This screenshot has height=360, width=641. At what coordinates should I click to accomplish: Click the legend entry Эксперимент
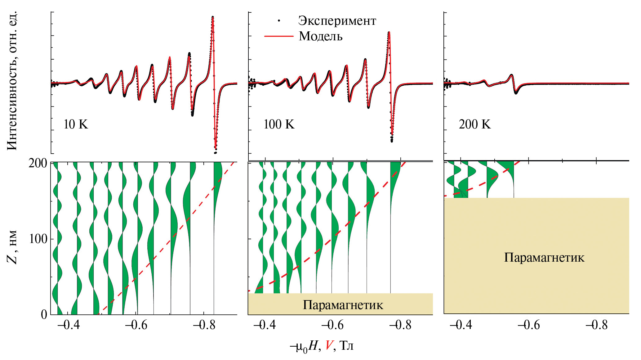tap(337, 21)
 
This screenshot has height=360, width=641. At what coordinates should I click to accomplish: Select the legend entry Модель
tap(320, 36)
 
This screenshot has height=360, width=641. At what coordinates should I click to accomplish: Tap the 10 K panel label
tap(76, 124)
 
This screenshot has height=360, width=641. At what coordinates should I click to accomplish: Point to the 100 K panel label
tap(279, 124)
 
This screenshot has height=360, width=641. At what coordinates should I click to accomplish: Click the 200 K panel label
tap(475, 124)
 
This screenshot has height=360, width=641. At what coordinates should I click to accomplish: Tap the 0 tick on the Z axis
tap(44, 314)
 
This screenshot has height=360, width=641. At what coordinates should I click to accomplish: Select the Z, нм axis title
tap(12, 247)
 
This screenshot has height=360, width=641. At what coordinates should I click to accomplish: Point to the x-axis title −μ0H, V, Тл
tap(322, 346)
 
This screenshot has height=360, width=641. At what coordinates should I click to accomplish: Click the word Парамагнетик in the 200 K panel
tap(544, 258)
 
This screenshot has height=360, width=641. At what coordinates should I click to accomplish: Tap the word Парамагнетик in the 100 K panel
tap(343, 305)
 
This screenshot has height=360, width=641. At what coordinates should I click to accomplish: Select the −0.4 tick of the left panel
tap(69, 325)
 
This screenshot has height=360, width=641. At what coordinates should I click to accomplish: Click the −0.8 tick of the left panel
tap(204, 325)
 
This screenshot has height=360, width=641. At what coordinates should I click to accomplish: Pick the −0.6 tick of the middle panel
tap(332, 325)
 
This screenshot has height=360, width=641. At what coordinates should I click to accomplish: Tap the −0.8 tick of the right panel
tap(596, 325)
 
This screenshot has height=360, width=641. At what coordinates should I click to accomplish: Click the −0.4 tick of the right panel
tap(461, 325)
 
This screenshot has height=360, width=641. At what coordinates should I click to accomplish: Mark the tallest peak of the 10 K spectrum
tap(213, 17)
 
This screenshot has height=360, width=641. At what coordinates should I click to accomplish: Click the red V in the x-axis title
tap(329, 345)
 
